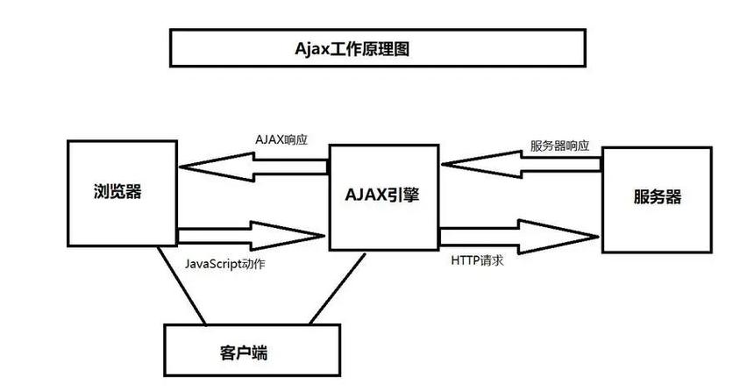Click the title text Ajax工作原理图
pyautogui.click(x=352, y=49)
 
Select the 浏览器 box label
pyautogui.click(x=117, y=192)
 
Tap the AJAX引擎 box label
pyautogui.click(x=382, y=195)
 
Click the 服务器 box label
pyautogui.click(x=657, y=196)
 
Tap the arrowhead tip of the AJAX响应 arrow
pyautogui.click(x=180, y=165)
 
